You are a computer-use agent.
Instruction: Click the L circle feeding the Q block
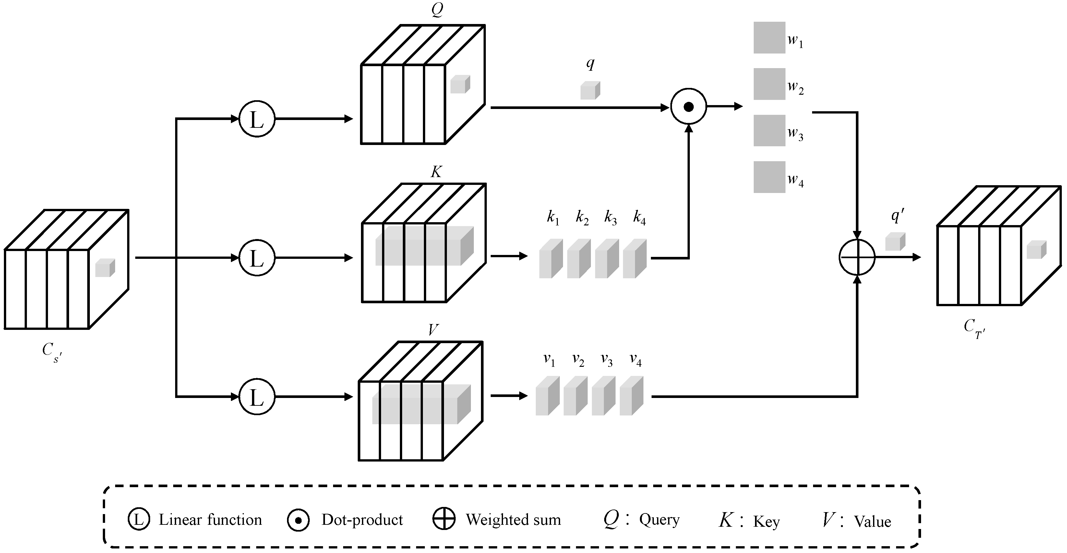257,119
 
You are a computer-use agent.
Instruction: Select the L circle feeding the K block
257,258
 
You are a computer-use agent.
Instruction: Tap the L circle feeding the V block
257,396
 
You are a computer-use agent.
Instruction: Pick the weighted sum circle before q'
857,257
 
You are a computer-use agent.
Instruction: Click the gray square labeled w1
769,38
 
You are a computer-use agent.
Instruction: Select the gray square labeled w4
769,177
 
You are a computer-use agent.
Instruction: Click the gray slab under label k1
550,258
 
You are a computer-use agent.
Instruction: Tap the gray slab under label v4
631,396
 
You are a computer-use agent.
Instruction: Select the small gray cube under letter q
590,90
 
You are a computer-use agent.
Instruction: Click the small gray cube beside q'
895,242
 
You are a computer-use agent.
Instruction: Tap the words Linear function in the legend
210,520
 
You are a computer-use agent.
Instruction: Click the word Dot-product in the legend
362,520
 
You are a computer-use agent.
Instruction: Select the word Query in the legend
659,520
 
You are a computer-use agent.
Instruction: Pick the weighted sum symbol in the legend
444,519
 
